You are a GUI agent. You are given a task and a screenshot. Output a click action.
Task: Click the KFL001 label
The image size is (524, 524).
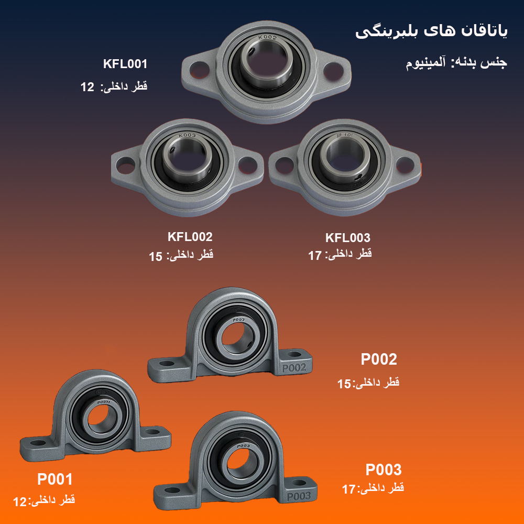pos(125,64)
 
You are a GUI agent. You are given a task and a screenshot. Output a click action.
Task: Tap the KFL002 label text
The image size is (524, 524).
pos(190,237)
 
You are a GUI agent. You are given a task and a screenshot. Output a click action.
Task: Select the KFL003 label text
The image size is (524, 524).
pos(347,237)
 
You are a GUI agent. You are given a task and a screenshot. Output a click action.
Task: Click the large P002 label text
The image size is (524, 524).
pos(379,359)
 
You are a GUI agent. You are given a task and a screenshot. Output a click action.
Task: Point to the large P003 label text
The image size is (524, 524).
pos(384,470)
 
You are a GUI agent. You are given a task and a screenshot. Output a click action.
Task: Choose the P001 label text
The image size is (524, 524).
pos(55,479)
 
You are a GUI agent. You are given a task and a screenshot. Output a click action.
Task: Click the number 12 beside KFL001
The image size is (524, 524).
pos(87,87)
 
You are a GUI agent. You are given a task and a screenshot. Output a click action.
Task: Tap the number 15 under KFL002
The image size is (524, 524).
pos(156,257)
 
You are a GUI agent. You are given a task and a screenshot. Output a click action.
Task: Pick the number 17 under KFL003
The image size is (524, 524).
pos(315,256)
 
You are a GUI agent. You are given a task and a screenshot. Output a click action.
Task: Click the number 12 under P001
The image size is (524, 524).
pos(19,501)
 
